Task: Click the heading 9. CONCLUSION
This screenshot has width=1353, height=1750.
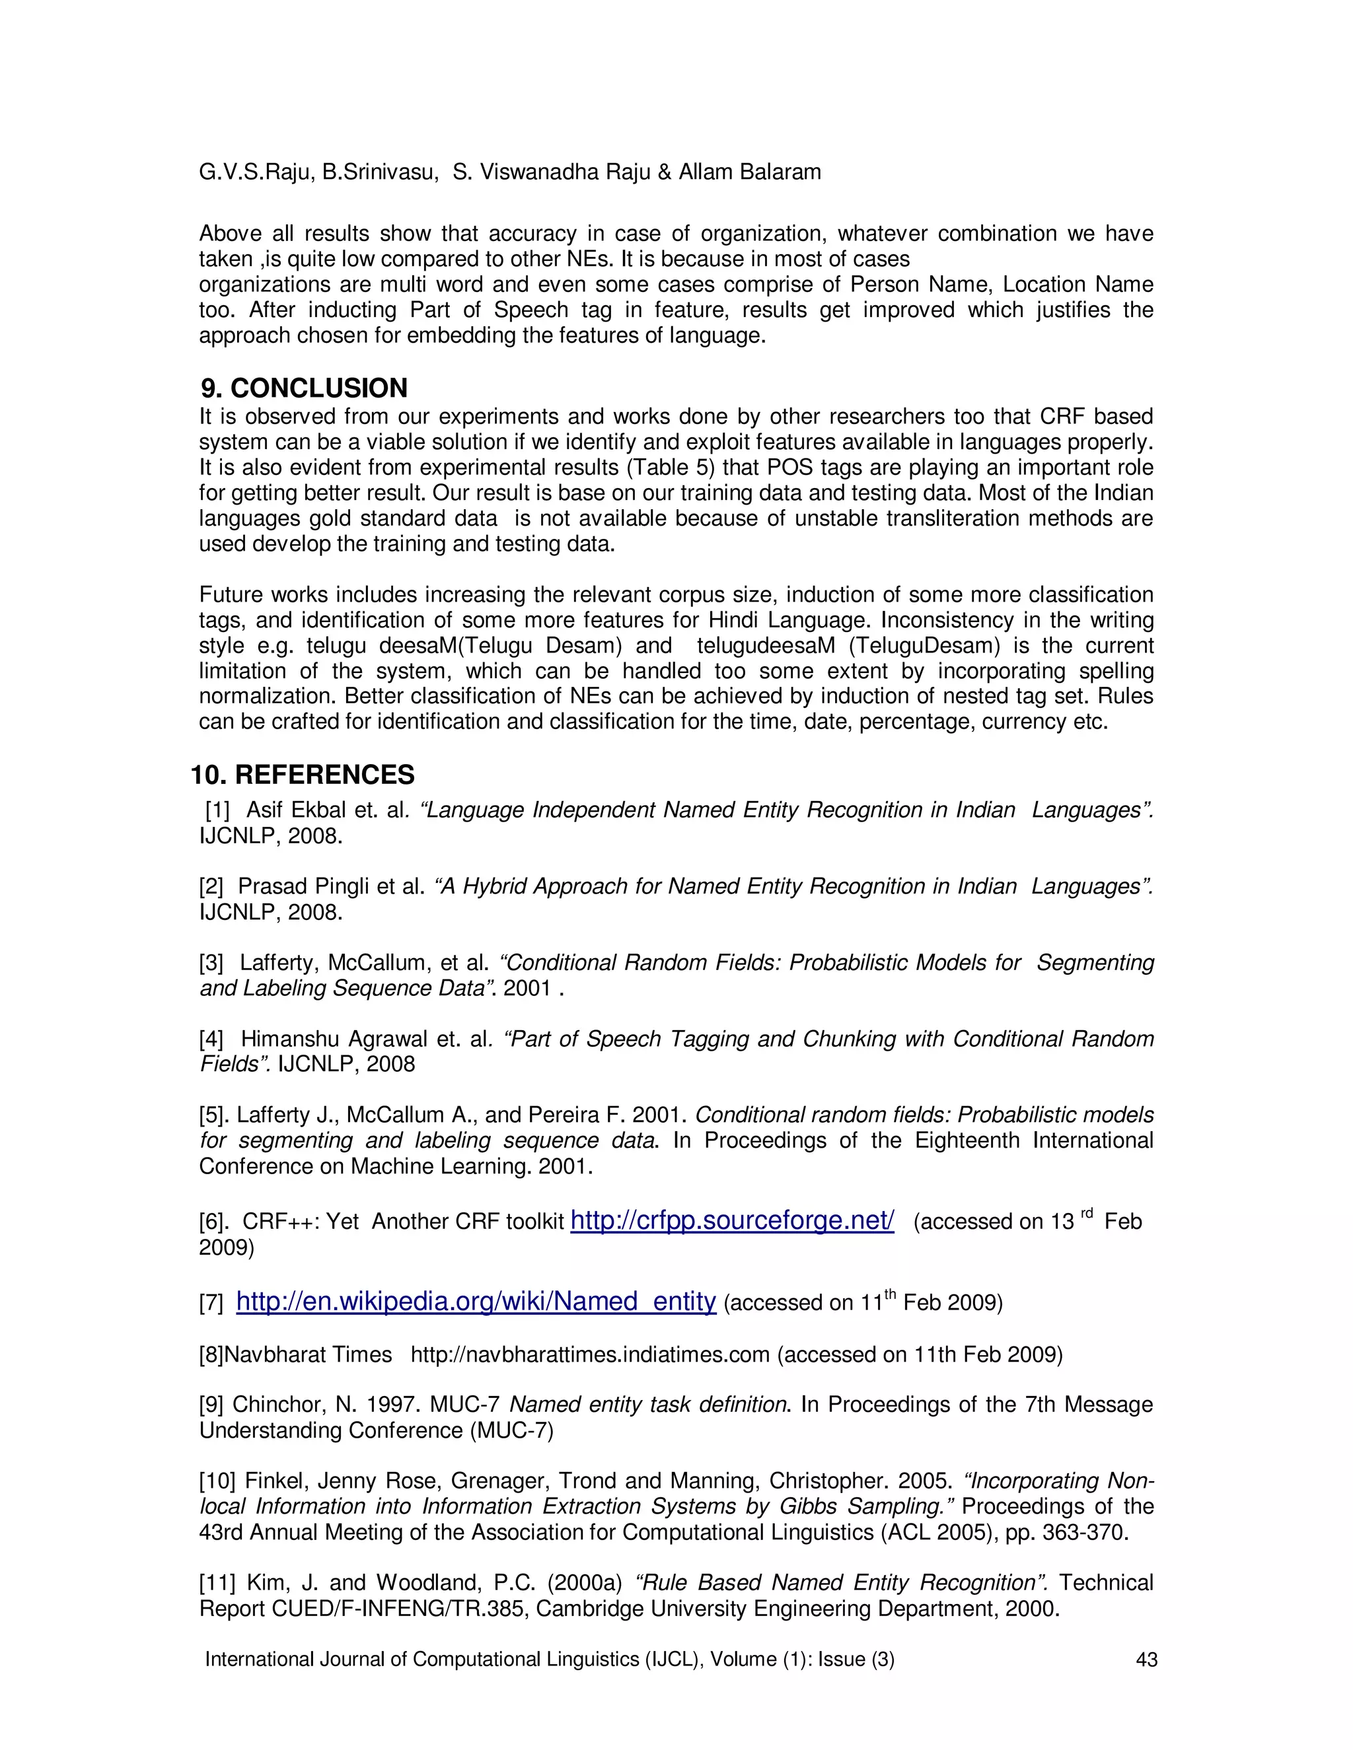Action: coord(304,388)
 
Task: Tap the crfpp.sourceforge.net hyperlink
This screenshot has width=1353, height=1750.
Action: coord(732,1220)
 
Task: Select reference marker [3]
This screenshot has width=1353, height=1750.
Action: coord(211,962)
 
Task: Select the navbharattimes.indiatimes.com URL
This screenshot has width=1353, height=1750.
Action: coord(590,1354)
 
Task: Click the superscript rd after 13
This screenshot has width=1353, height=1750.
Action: coord(1087,1213)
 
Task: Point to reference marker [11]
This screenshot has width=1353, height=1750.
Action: coord(217,1582)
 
